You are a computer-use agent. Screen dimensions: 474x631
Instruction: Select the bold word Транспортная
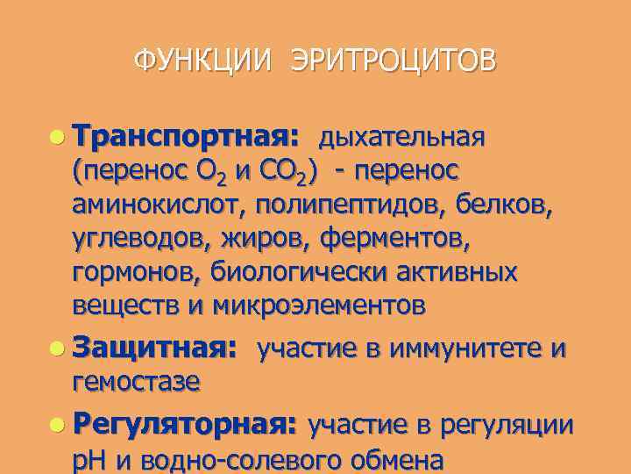point(186,138)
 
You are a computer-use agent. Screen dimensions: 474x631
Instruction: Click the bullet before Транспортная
point(57,137)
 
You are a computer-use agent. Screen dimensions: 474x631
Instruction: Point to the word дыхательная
point(401,138)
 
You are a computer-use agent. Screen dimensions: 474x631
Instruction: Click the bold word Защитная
point(154,349)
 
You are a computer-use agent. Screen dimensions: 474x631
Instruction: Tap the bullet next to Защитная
point(57,348)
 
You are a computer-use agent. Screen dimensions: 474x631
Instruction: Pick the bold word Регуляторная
point(186,426)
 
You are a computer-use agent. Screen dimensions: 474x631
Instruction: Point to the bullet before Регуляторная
point(57,425)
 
